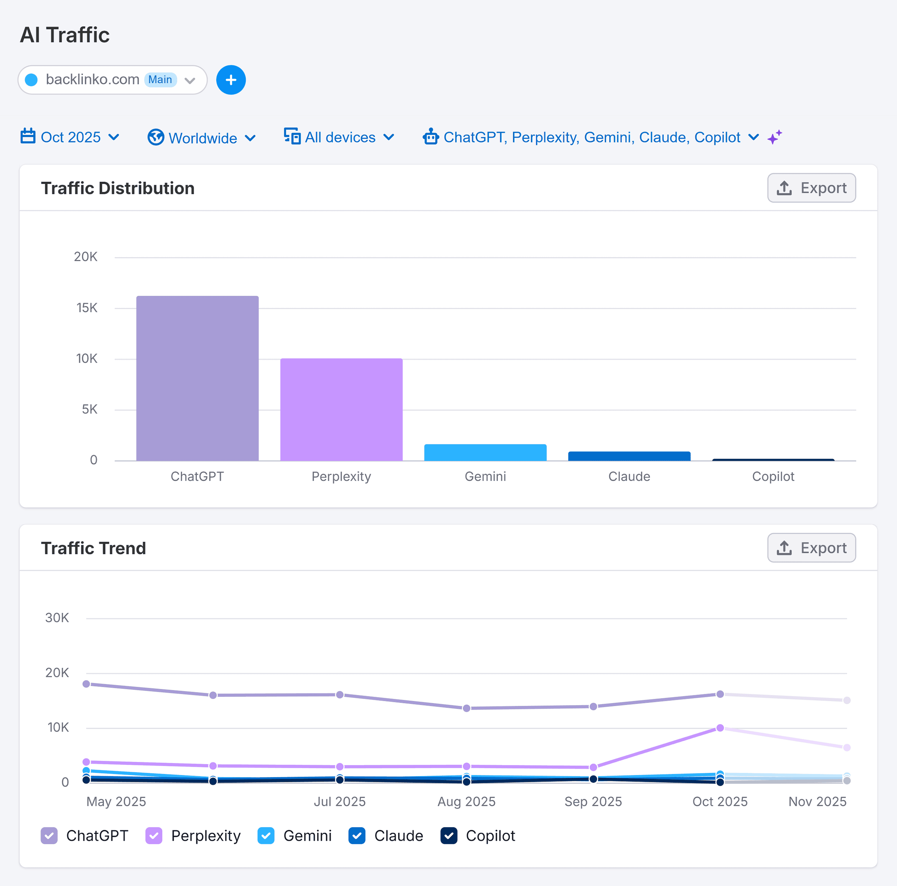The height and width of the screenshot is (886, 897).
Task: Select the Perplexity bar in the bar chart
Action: pos(341,409)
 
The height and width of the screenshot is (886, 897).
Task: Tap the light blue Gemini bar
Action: pos(485,453)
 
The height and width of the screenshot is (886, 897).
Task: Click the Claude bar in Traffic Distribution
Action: pos(629,456)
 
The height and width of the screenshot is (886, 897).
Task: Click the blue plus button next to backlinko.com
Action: pos(231,80)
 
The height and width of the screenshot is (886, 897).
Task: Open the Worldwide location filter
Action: pos(202,138)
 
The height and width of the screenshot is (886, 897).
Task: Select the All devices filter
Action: pos(339,137)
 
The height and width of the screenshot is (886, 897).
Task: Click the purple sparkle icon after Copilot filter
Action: pos(774,137)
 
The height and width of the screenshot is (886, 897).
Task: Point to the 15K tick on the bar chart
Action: pos(87,308)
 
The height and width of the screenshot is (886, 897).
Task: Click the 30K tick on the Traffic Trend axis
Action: pos(57,617)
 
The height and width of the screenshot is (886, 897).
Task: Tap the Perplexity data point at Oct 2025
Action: pos(720,728)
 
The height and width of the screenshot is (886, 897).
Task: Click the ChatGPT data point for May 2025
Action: pos(86,684)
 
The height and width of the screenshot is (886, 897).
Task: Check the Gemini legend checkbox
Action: pos(266,836)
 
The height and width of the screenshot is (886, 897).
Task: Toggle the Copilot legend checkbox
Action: pos(448,836)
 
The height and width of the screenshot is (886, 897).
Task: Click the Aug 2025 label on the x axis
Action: pos(466,801)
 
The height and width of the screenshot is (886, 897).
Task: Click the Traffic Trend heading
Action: pos(93,548)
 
